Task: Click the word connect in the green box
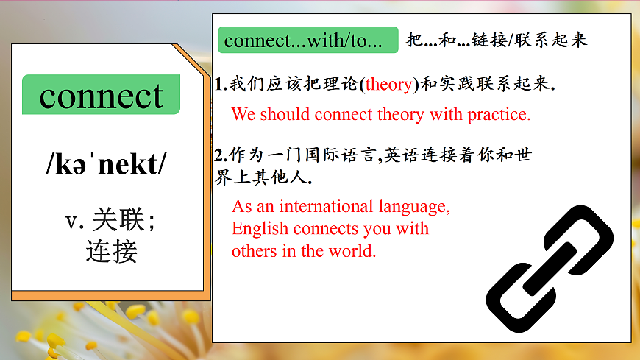[x=102, y=96]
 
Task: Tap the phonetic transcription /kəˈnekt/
[x=106, y=166]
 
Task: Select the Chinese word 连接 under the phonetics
[x=111, y=251]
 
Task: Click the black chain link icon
[x=550, y=267]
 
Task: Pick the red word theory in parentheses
[x=388, y=85]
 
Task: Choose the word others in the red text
[x=254, y=251]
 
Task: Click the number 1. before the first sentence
[x=221, y=85]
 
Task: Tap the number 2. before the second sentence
[x=221, y=156]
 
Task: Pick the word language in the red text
[x=413, y=206]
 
